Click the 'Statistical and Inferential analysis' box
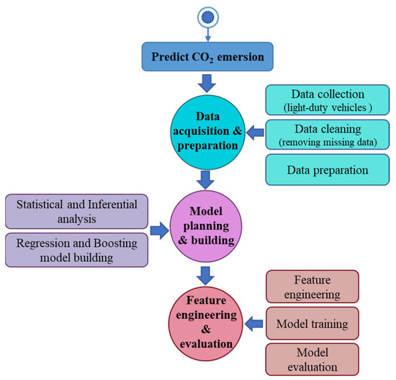coord(77,210)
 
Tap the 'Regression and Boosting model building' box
coord(77,248)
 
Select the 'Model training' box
coord(312,324)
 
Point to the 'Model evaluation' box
coord(312,359)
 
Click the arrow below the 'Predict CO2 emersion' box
coord(207,83)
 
